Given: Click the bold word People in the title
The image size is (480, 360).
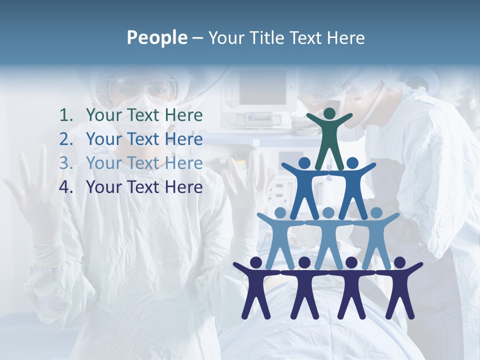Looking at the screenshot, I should (156, 37).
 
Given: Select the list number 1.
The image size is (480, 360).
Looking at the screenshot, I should (66, 115).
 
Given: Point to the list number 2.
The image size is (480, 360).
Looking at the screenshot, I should (66, 139).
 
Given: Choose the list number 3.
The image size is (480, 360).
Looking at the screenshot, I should (66, 163).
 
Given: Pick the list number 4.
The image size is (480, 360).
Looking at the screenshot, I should (66, 187).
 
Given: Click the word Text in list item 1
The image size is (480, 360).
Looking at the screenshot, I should (145, 115).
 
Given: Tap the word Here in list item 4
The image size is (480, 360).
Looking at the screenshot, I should (184, 187).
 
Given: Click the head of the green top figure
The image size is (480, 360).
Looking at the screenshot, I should (329, 113).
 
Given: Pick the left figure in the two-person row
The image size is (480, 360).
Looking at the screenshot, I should (305, 187).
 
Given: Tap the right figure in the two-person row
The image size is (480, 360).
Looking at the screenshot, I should (352, 187).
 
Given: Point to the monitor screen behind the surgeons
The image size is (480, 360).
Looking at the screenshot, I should (262, 88).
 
